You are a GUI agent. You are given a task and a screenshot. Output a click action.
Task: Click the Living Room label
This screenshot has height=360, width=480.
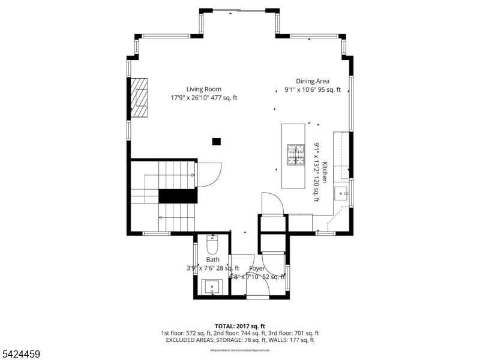203,89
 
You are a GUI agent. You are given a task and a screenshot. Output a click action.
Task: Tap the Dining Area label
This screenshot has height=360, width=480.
312,81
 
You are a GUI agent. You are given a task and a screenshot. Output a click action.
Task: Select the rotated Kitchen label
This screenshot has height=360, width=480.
325,172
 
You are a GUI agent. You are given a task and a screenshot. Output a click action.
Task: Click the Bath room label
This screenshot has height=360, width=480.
212,260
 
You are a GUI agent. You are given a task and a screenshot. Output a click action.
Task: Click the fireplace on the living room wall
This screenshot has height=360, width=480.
139,97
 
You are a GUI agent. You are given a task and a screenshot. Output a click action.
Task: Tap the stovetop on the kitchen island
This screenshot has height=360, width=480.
296,155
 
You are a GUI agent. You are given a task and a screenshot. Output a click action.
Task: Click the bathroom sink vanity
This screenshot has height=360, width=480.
212,287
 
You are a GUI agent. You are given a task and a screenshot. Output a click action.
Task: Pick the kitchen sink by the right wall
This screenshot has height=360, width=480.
342,193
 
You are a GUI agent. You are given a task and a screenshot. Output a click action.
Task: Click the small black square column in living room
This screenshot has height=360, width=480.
216,142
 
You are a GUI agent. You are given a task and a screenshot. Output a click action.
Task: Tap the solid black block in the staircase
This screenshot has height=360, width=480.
178,197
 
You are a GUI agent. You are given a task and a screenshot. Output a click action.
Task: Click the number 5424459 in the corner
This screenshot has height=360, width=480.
21,355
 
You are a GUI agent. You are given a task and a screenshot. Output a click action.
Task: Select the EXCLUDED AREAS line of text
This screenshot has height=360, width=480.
239,340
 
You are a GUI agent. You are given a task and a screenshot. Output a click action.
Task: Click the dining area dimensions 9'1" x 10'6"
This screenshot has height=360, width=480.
312,90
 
